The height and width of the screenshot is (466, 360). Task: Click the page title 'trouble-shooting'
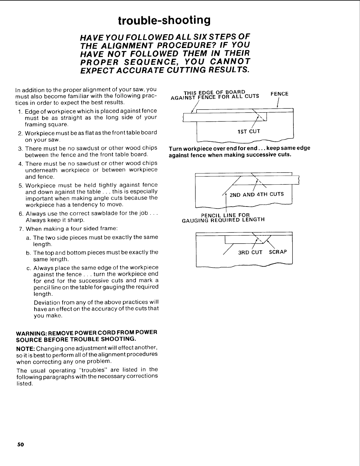[x=164, y=21]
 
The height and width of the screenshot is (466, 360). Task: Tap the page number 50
[x=20, y=444]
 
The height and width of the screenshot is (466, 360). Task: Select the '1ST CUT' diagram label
[x=249, y=131]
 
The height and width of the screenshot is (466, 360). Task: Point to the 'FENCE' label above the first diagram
[x=279, y=94]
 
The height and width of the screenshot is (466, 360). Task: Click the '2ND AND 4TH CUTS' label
[x=257, y=194]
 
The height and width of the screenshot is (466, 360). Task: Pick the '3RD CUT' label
[x=250, y=252]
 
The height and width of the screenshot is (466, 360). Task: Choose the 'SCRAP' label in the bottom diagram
[x=278, y=252]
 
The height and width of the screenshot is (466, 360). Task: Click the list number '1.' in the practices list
[x=20, y=111]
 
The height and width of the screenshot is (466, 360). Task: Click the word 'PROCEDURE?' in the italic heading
[x=172, y=45]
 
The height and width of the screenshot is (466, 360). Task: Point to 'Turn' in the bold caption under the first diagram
[x=175, y=148]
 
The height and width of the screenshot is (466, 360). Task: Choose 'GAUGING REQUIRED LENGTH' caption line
[x=224, y=220]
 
